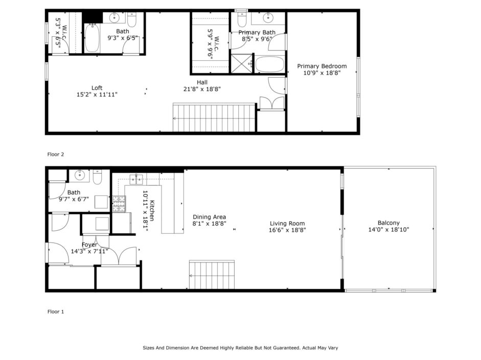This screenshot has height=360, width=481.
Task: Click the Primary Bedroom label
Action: [x=322, y=66]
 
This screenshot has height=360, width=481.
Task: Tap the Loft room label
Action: [x=97, y=88]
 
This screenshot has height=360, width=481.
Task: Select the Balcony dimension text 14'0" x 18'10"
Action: [x=388, y=230]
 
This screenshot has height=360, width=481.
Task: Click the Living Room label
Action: [x=287, y=224]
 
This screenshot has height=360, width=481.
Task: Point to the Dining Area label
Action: [x=209, y=217]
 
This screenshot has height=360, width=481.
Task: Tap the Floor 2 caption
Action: [x=56, y=154]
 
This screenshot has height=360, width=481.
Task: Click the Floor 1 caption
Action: [x=56, y=311]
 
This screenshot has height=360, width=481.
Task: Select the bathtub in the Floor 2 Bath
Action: [x=91, y=38]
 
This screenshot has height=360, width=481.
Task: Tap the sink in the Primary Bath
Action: [x=268, y=18]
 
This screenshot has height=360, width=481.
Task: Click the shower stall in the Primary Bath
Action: [x=241, y=63]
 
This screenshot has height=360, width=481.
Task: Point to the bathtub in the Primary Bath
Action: [x=270, y=64]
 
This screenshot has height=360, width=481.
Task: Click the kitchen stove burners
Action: [x=119, y=204]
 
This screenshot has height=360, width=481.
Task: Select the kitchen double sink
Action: [x=136, y=180]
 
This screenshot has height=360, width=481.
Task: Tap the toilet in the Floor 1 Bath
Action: [x=97, y=177]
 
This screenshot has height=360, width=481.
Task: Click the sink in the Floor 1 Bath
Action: [x=80, y=175]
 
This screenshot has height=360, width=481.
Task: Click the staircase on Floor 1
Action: [x=212, y=275]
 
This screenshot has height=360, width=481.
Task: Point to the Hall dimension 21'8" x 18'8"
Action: [x=202, y=89]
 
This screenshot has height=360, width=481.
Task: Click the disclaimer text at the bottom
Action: [x=240, y=348]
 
